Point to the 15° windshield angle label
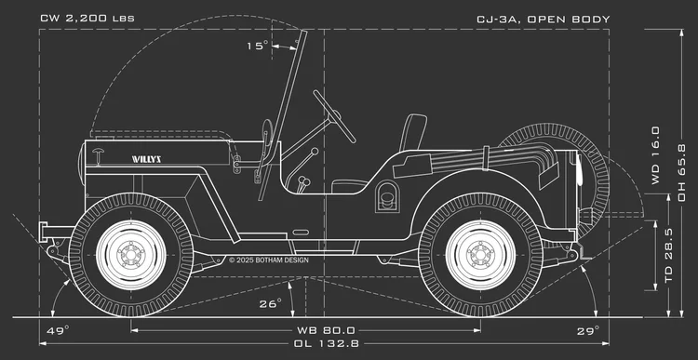[x=257, y=46]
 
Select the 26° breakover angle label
[x=270, y=303]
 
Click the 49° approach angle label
[x=58, y=329]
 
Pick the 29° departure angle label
[x=587, y=329]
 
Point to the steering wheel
[x=334, y=115]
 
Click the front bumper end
[x=44, y=226]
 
